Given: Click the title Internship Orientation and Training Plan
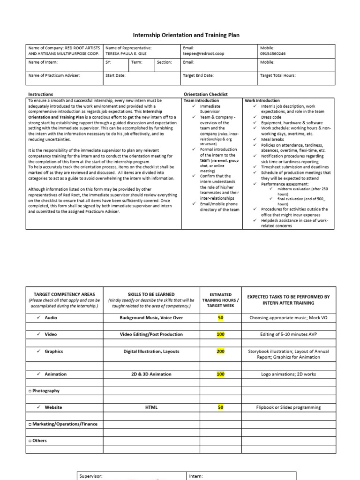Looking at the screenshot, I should (x=180, y=35).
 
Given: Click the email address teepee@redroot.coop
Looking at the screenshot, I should (x=203, y=53).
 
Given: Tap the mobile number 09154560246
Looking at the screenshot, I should (x=273, y=53).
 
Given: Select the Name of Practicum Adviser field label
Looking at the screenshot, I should (x=54, y=75).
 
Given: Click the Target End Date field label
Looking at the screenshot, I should (x=198, y=75).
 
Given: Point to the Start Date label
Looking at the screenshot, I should (x=115, y=75).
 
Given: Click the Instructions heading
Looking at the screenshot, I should (x=41, y=94).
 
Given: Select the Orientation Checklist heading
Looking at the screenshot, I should (x=205, y=94).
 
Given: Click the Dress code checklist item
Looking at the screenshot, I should (x=271, y=117).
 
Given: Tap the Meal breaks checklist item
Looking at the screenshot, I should (x=272, y=139).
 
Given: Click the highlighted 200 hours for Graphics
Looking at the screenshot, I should (x=220, y=351).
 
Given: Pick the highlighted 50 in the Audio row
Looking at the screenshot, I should (x=220, y=317).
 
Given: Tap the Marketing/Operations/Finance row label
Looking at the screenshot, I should (x=63, y=424).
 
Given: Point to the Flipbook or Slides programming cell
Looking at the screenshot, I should (x=288, y=407).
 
